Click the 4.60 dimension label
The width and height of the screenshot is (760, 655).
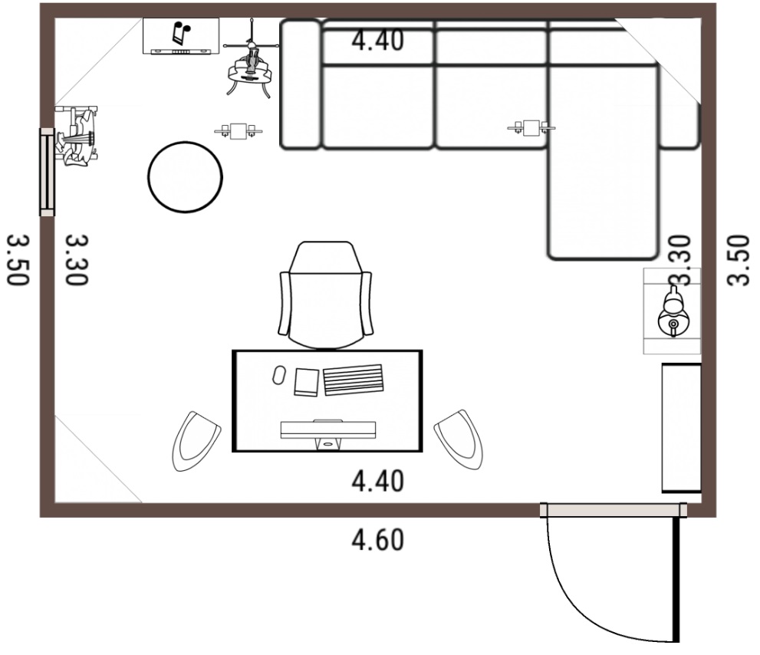(377, 540)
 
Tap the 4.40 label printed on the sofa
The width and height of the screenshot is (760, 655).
(377, 40)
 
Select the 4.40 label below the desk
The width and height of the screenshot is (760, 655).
(377, 482)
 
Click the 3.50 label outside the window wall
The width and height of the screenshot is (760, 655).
(18, 260)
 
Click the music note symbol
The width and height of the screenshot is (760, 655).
(181, 33)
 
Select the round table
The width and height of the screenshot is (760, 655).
(185, 177)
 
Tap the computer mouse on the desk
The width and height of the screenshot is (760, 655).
(278, 375)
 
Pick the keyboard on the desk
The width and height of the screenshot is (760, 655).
(354, 380)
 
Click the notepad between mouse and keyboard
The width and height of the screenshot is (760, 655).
(306, 383)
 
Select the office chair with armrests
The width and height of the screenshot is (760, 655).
(326, 295)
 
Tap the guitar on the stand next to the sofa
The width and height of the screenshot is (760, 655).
(250, 63)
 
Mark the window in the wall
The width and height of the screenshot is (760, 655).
(47, 172)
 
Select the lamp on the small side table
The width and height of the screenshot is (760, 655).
(673, 311)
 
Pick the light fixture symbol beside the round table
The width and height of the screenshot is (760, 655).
(239, 131)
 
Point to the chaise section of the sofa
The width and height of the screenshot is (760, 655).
(603, 163)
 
